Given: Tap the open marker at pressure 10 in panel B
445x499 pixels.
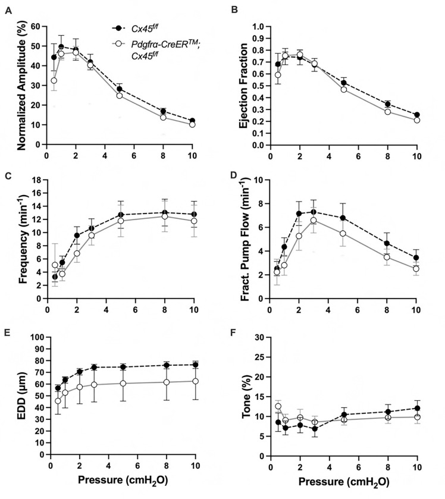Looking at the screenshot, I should point(416,120).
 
